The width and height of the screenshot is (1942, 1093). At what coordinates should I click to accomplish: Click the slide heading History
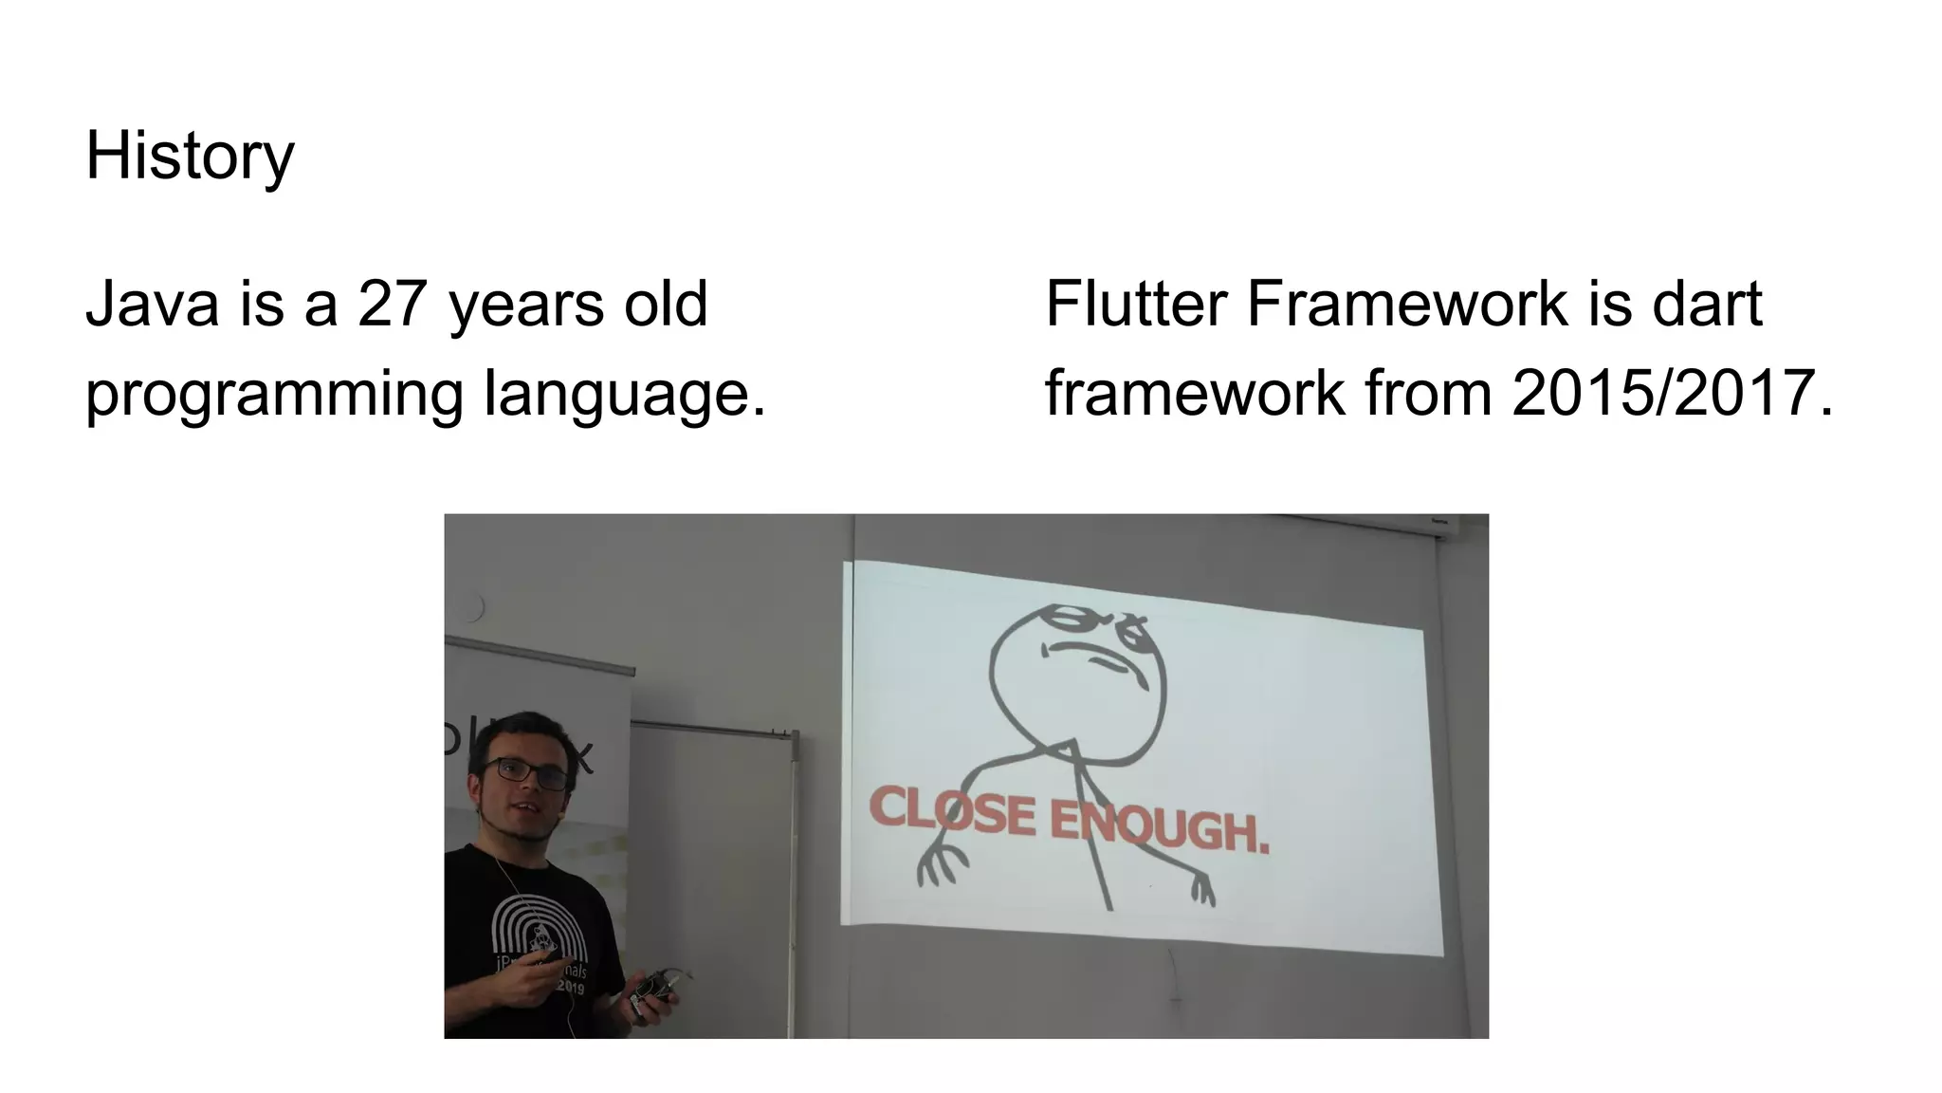[190, 157]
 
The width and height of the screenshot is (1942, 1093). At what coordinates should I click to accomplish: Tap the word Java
[152, 305]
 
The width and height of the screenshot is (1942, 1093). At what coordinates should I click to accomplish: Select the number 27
[392, 305]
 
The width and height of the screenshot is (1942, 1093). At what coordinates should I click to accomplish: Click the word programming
[274, 394]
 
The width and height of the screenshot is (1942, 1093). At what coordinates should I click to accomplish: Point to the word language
[623, 394]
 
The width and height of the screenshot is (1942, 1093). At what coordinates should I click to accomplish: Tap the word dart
[1707, 305]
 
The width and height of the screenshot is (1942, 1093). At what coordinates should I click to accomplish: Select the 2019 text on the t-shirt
[571, 988]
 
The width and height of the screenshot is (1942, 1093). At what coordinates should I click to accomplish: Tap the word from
[1428, 394]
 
